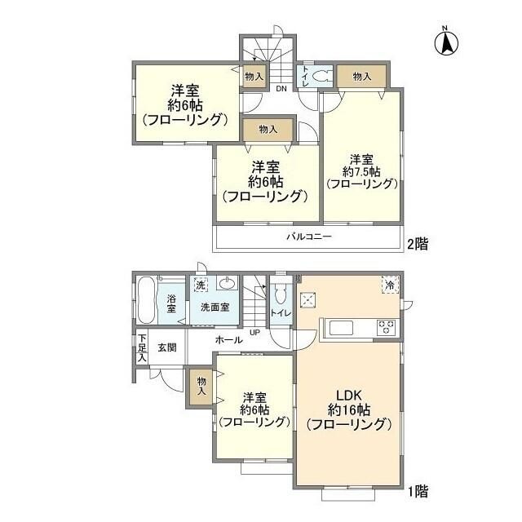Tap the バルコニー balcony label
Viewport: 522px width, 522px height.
[x=308, y=237]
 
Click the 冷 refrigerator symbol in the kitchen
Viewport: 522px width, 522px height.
[x=391, y=285]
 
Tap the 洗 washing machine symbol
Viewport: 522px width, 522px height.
[x=200, y=285]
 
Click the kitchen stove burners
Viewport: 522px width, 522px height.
[x=386, y=327]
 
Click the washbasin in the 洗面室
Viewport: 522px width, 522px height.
[x=226, y=285]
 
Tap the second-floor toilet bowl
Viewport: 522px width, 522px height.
[x=320, y=76]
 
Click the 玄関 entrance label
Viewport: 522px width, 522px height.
[x=167, y=347]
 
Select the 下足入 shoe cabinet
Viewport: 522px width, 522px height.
[x=141, y=347]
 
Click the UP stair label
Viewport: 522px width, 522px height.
[x=254, y=332]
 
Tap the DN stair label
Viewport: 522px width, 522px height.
[x=280, y=89]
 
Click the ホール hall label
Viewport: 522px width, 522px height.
[x=228, y=338]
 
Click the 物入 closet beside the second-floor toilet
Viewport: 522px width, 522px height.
[x=361, y=76]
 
